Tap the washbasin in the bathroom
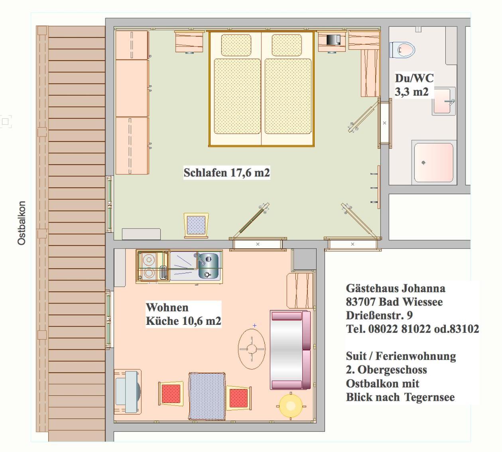443,102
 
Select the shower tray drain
423,163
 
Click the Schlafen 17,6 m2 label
226,173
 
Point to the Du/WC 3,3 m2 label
413,85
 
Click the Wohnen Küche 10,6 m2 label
183,314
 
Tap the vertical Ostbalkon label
22,223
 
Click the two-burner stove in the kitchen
148,267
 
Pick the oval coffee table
252,349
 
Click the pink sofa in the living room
290,350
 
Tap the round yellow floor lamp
291,406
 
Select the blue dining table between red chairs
207,396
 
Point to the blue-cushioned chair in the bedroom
196,225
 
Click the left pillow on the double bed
236,45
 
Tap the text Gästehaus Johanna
395,288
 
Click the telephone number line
412,329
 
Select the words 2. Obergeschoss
386,370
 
